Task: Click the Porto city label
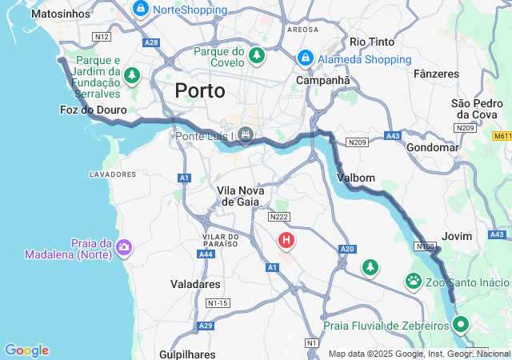(x=199, y=90)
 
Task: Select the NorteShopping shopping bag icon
(x=141, y=10)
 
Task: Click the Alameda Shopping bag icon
(x=305, y=58)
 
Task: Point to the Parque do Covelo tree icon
(x=257, y=54)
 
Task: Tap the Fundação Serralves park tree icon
(x=131, y=75)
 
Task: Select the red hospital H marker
(x=286, y=239)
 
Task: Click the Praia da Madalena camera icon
(x=124, y=247)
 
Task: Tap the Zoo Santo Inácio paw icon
(x=414, y=282)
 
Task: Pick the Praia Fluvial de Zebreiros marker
(x=460, y=325)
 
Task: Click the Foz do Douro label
(x=93, y=110)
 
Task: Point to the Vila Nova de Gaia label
(x=237, y=195)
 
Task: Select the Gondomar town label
(x=433, y=147)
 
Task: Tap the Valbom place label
(x=356, y=177)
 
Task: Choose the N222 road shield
(x=279, y=217)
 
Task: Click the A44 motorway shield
(x=207, y=254)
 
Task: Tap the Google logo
(x=26, y=350)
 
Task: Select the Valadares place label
(x=195, y=283)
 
